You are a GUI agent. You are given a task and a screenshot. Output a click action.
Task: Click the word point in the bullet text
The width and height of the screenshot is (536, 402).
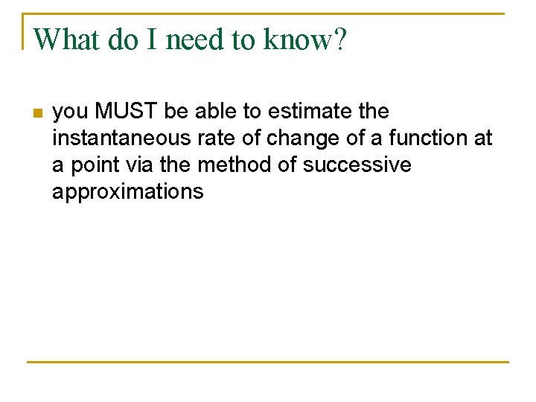pos(89,165)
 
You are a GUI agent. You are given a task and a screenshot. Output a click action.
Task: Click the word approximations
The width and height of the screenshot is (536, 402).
pos(127,192)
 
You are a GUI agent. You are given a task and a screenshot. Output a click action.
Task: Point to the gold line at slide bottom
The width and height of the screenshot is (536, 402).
pos(268,362)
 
